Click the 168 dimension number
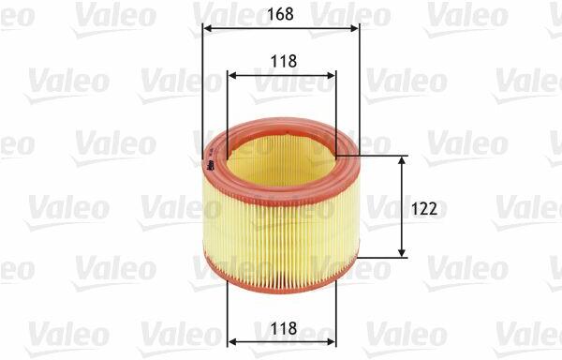pos(280,14)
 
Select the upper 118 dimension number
pos(284,61)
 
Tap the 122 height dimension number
pos(424,209)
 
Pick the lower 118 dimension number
pos(284,328)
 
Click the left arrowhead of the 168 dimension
pos(207,29)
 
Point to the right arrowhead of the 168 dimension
pos(354,29)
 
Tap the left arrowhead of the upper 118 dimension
pos(232,75)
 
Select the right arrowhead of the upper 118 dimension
pos(332,75)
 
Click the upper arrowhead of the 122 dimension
pos(402,161)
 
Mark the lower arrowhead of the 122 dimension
pos(402,252)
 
